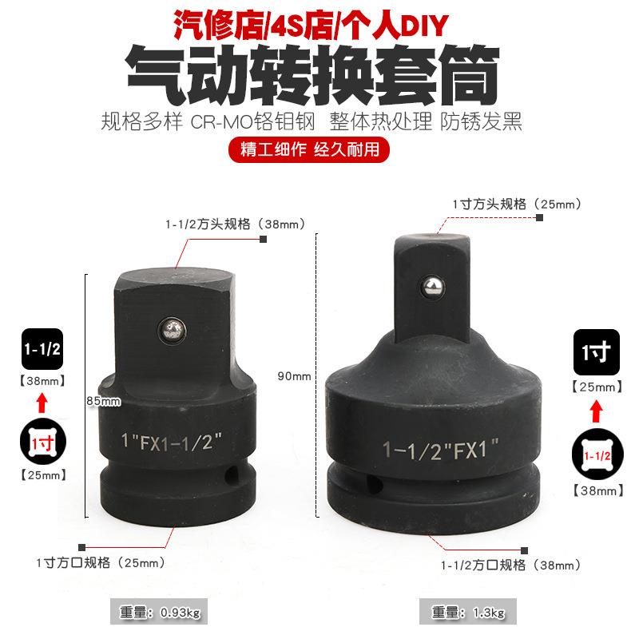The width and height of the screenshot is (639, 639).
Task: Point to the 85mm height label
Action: tap(105, 401)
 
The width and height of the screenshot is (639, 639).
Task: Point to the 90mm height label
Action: tap(296, 376)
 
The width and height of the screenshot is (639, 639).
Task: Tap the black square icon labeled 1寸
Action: tap(596, 352)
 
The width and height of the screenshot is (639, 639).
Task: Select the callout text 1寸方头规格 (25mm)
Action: tap(517, 204)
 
